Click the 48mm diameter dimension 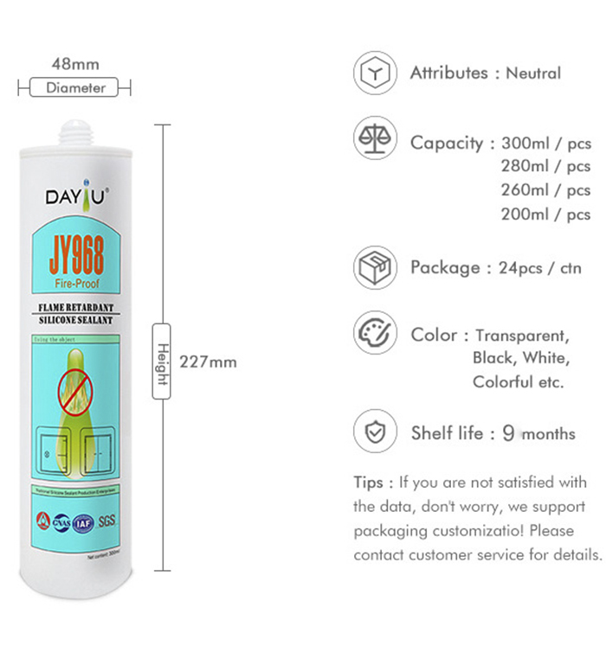tap(75, 64)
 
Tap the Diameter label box tap(75, 87)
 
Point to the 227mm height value tap(208, 361)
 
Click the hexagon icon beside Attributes tap(375, 74)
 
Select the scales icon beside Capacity tap(375, 138)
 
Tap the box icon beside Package tap(375, 267)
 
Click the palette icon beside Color tap(375, 335)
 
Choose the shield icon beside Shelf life tap(375, 433)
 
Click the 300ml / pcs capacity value tap(545, 143)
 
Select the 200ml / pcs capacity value tap(545, 214)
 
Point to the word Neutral tap(533, 74)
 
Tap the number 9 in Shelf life tap(508, 433)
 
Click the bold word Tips tap(373, 482)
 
